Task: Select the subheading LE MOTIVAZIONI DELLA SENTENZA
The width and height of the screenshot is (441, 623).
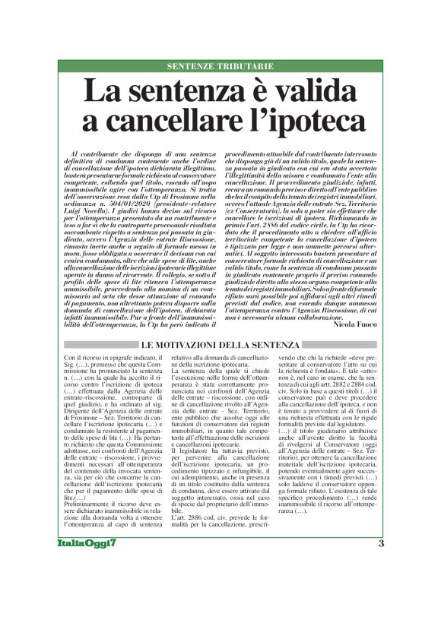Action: [x=220, y=346]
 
